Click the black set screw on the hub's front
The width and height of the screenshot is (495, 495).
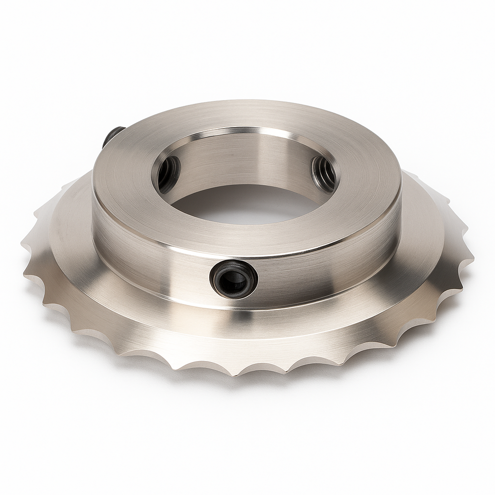(233, 279)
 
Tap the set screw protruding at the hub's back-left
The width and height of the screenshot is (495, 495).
(112, 136)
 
